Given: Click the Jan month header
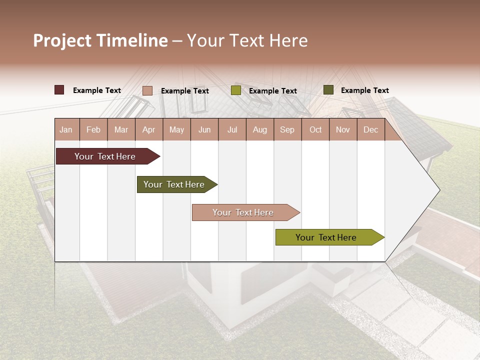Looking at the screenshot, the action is [66, 130].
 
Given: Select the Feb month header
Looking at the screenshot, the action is [93, 130].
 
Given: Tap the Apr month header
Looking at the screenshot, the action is [148, 130].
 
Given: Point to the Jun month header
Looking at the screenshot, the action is [204, 130].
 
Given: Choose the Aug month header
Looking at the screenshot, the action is [259, 130].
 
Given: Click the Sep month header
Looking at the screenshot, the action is [287, 130].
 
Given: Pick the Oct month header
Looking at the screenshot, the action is [315, 130].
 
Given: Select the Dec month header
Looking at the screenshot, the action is [370, 130].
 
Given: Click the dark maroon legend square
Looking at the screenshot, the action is [59, 90].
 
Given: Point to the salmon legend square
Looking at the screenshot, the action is [147, 90].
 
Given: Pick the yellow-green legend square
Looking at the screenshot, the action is [236, 90].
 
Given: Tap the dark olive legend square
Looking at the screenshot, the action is [328, 90].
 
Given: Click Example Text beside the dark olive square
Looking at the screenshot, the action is [364, 90].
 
